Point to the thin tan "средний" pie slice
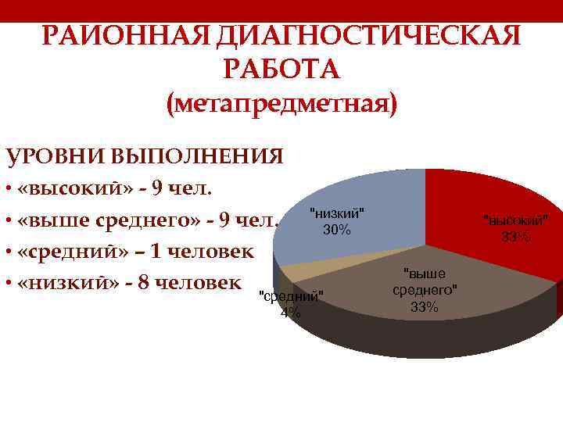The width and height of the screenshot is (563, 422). pos(301,271)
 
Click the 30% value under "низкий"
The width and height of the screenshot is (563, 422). pos(337,231)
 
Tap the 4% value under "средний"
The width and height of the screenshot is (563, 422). pos(289,313)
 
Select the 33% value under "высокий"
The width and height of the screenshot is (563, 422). pos(516,237)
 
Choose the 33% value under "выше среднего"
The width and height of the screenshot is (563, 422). pos(425,307)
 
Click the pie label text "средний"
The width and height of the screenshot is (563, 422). pos(289,297)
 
